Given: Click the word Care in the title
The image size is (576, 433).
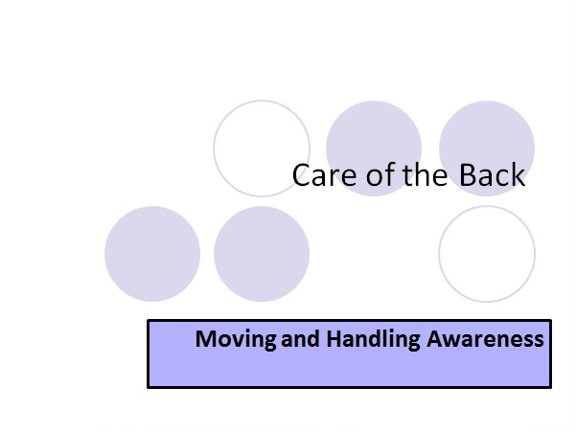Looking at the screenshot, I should click(318, 175).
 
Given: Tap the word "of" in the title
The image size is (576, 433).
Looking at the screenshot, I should click(367, 175).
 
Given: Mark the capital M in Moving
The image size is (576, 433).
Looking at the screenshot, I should click(204, 339).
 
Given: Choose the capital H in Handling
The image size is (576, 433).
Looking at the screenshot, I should click(333, 339).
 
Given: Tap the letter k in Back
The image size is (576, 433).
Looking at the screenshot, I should click(518, 175).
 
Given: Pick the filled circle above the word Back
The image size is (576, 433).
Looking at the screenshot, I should click(487, 134).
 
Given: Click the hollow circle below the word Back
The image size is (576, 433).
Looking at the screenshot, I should click(487, 254).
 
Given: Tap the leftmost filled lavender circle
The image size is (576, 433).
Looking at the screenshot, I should click(152, 254).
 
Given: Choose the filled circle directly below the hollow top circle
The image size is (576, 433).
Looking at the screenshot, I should click(262, 254).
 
